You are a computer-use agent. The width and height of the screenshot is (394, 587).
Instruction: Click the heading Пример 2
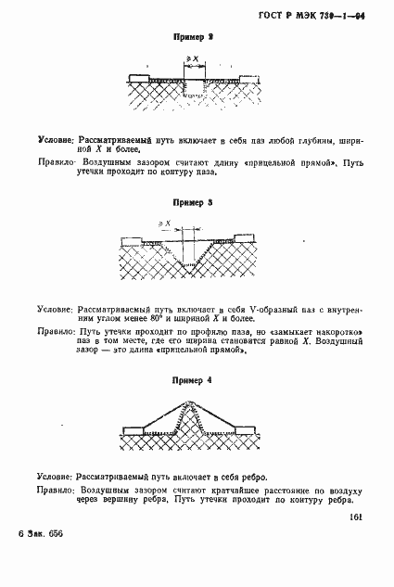(x=194, y=38)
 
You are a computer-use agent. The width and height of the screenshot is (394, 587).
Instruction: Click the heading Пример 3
(x=194, y=200)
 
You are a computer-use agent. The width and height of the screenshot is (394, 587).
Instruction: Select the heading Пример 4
(x=194, y=380)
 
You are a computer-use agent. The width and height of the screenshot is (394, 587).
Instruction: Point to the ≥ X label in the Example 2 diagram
(x=193, y=58)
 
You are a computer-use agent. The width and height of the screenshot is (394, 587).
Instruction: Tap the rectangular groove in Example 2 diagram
(x=194, y=86)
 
